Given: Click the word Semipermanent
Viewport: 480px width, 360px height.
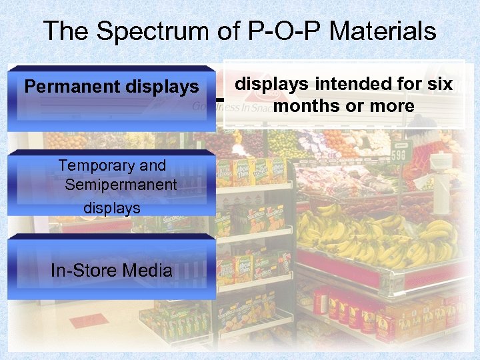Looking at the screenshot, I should [121, 185].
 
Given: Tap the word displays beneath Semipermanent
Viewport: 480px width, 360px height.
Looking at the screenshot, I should [112, 207].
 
